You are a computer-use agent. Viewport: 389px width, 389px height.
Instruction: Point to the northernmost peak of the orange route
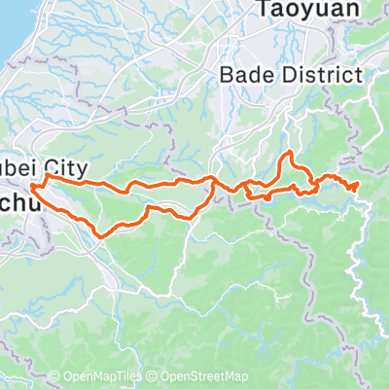(x=287, y=153)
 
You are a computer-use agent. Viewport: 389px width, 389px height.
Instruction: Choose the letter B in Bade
(x=228, y=74)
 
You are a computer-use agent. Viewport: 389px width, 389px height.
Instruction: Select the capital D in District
(x=282, y=74)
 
